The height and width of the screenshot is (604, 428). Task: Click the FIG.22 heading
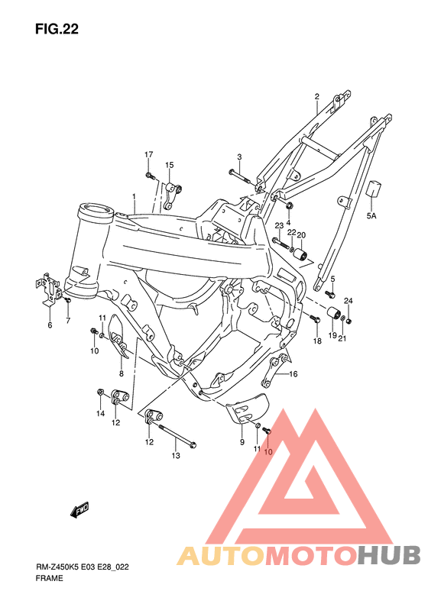click(57, 29)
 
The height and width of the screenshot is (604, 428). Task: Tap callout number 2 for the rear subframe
click(316, 97)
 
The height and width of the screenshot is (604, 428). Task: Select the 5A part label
click(372, 217)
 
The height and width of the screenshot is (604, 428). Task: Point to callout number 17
click(149, 156)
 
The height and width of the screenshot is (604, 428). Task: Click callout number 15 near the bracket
click(169, 165)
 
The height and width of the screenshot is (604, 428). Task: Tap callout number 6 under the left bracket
click(50, 325)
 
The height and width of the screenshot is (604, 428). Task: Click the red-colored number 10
click(267, 451)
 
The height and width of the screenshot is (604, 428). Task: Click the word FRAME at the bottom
click(49, 580)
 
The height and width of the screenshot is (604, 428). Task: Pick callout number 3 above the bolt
click(238, 157)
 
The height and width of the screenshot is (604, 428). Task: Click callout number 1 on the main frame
click(134, 197)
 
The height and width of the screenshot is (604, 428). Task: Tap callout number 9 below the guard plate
click(242, 442)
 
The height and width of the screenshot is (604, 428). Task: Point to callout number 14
click(99, 414)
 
